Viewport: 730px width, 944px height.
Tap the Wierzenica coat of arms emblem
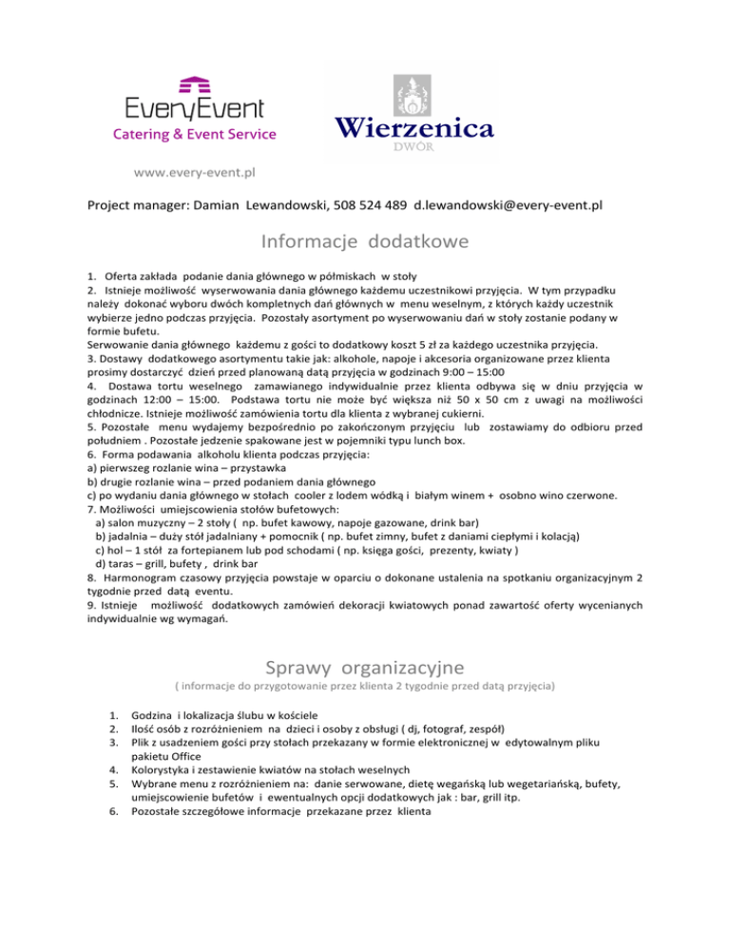(412, 92)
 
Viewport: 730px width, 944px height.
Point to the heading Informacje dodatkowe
(365, 242)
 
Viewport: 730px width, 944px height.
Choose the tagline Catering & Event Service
(195, 134)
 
